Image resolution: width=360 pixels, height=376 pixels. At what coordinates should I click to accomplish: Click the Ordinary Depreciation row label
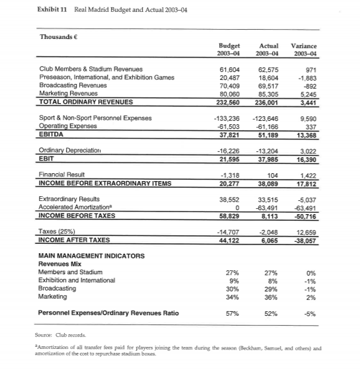point(71,151)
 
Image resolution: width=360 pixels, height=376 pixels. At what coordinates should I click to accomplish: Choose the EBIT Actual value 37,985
point(275,159)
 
